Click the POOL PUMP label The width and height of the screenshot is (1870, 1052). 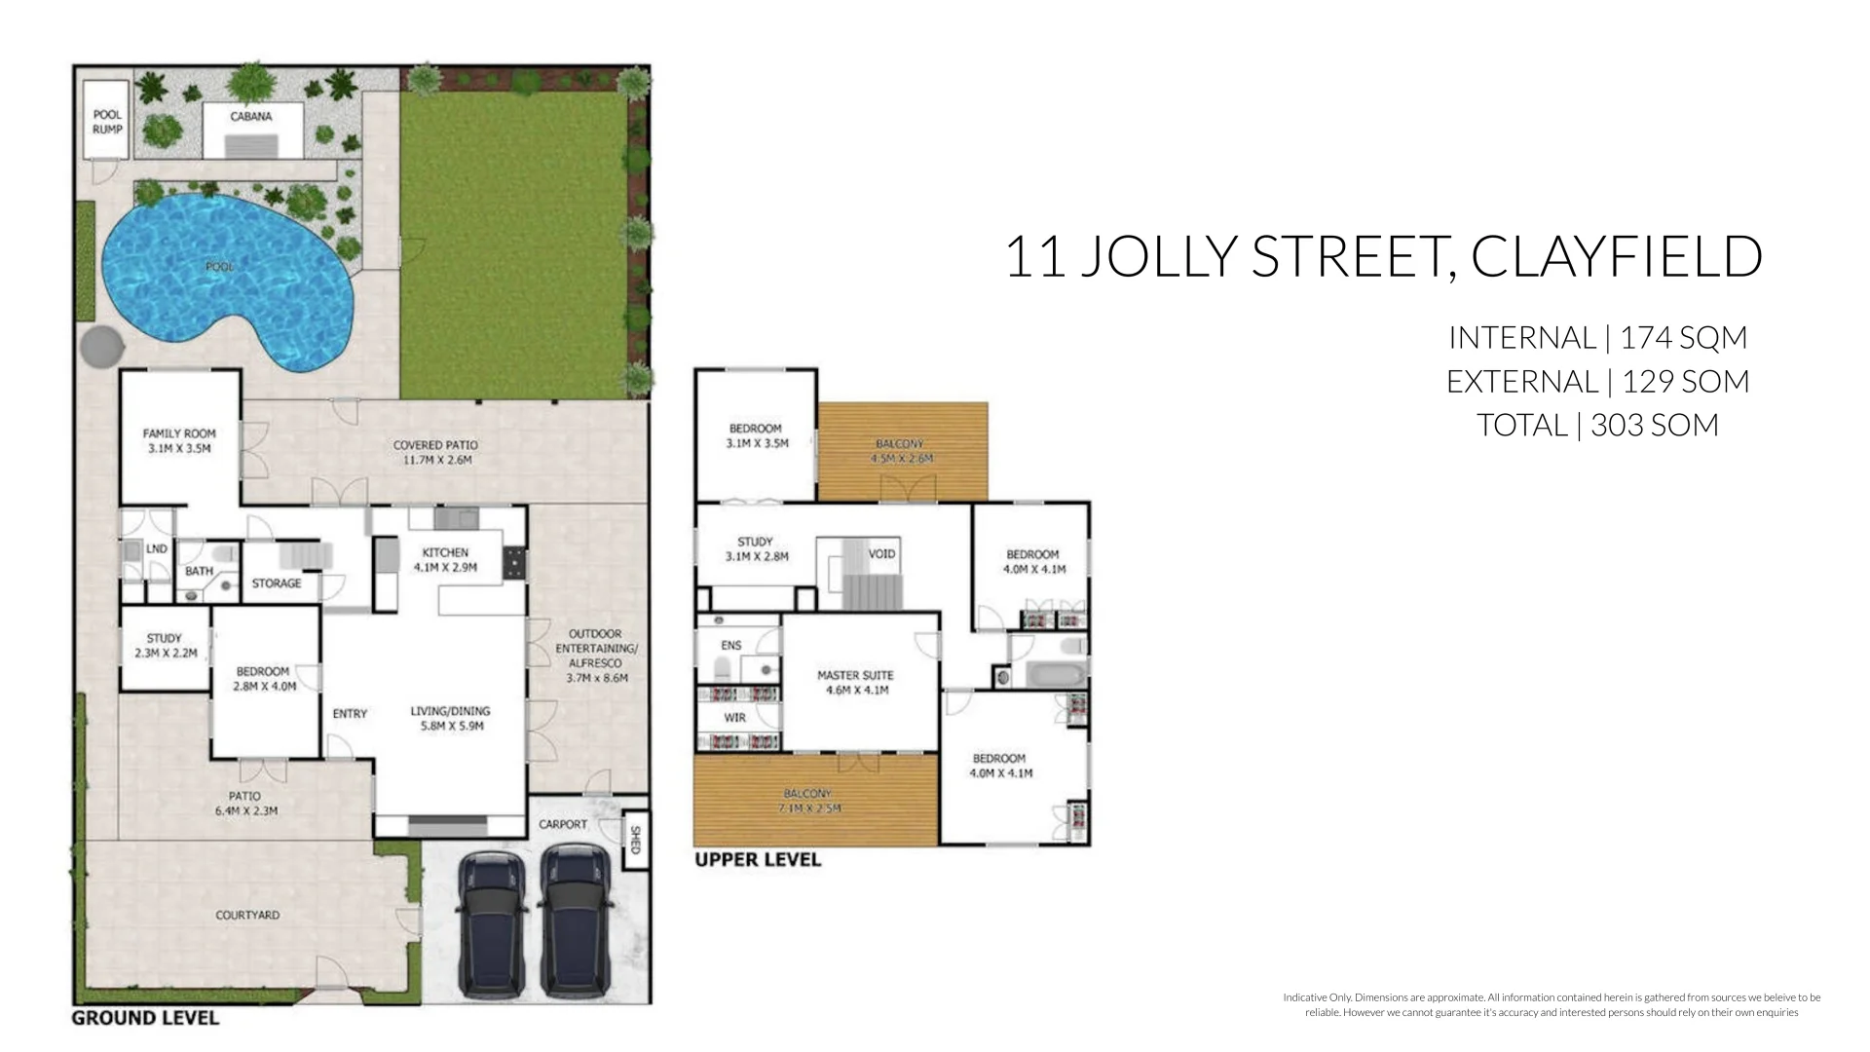[x=107, y=122]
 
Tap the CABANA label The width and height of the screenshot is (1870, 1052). [x=251, y=117]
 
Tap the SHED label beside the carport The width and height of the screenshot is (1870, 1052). [x=635, y=841]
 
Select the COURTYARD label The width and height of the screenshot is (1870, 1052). [x=247, y=916]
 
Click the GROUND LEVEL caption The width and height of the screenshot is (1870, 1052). [x=145, y=1019]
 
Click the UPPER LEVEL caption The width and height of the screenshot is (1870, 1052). [x=758, y=860]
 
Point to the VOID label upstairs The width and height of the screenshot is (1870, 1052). [x=881, y=554]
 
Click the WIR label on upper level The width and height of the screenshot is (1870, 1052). [x=735, y=718]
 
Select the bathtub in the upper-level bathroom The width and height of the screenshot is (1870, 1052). [x=1051, y=673]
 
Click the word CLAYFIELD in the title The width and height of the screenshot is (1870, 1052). [x=1616, y=257]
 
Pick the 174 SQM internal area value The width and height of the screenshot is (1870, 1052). [x=1684, y=338]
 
